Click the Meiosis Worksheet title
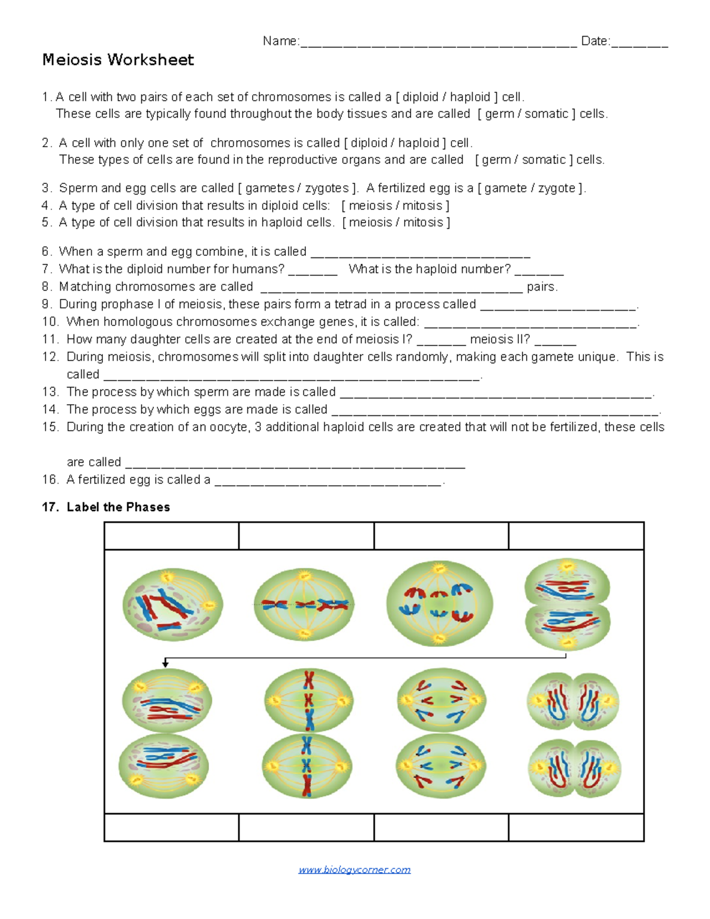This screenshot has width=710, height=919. pyautogui.click(x=118, y=60)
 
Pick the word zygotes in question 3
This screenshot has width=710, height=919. pyautogui.click(x=327, y=188)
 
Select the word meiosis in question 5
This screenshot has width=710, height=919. pyautogui.click(x=370, y=223)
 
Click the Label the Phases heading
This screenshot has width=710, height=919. pyautogui.click(x=118, y=507)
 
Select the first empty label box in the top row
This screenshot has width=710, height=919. pyautogui.click(x=172, y=536)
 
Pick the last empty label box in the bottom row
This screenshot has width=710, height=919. pyautogui.click(x=576, y=827)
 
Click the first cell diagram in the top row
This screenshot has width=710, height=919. pyautogui.click(x=172, y=605)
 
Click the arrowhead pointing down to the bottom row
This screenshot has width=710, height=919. pyautogui.click(x=166, y=664)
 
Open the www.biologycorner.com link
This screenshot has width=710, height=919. pyautogui.click(x=354, y=869)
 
